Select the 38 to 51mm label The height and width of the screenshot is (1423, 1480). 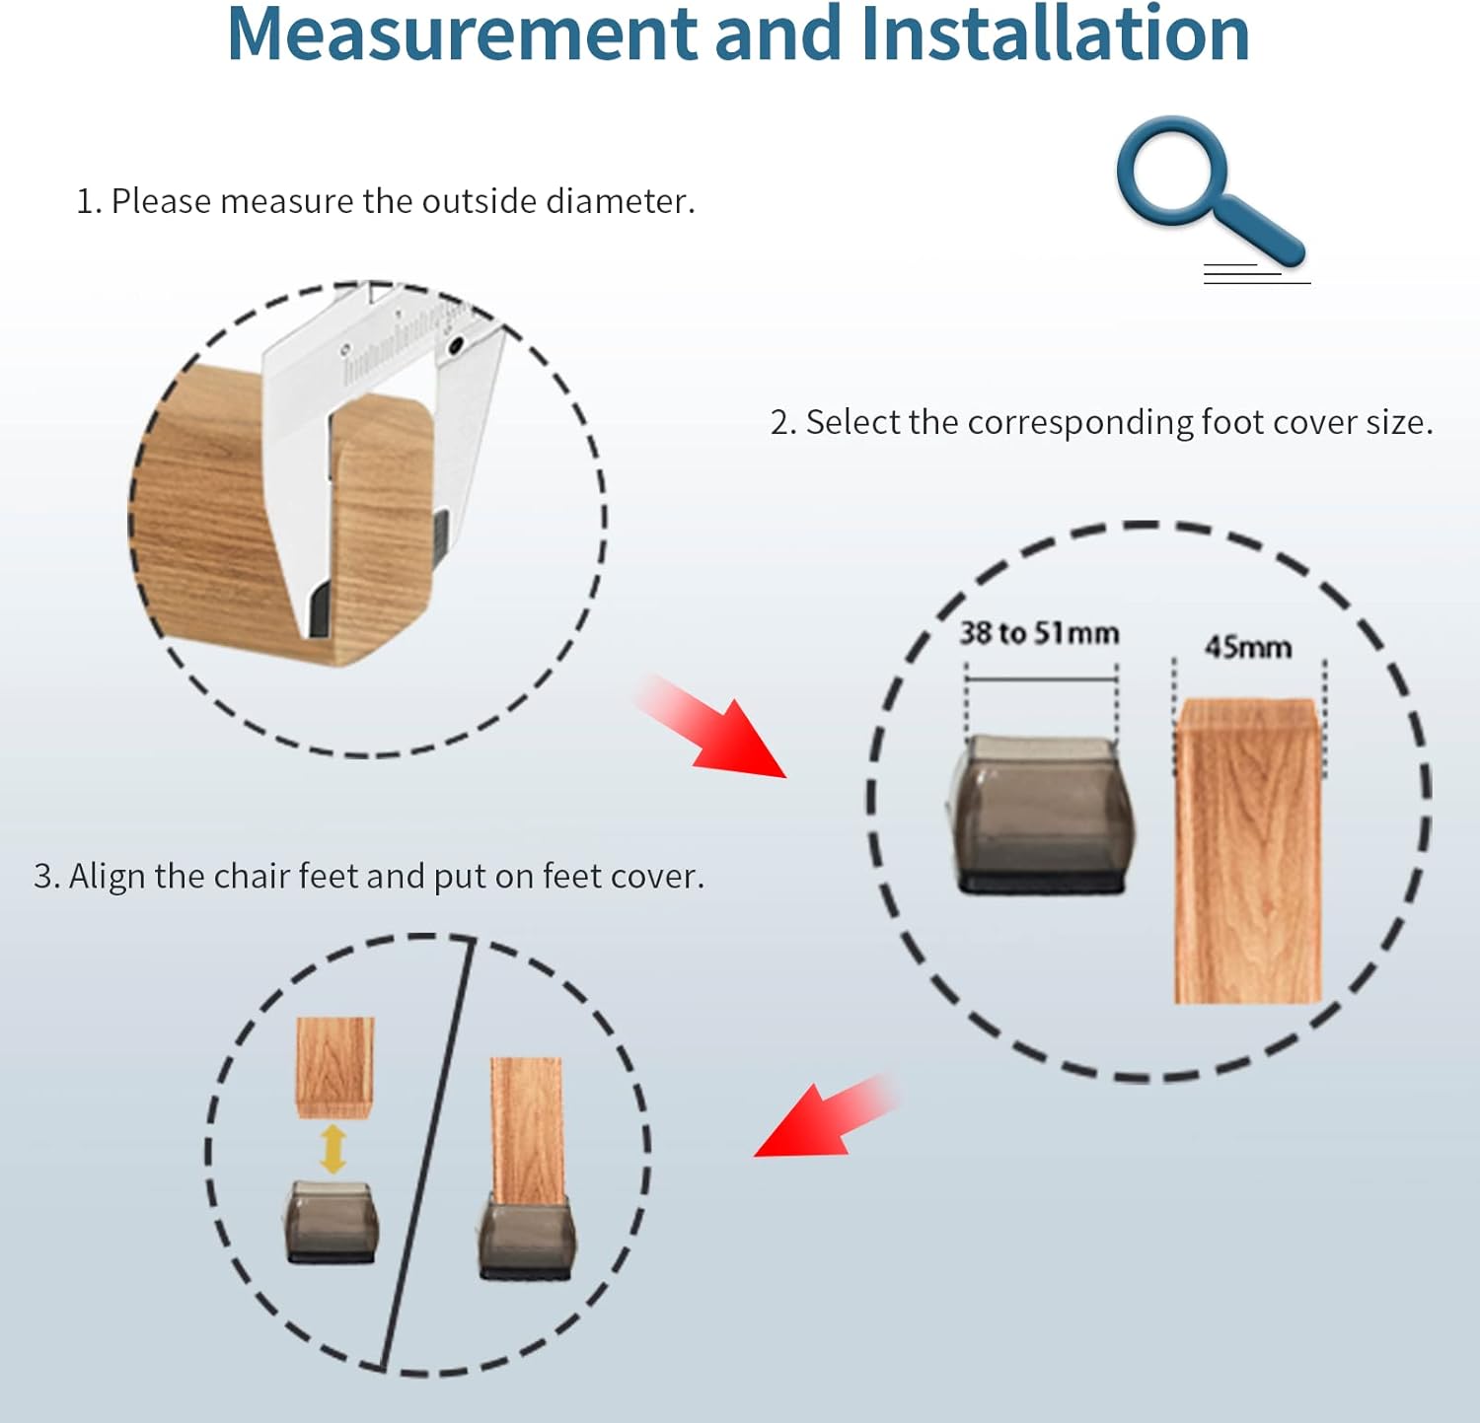[1039, 633]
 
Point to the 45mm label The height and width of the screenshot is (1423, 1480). [1248, 647]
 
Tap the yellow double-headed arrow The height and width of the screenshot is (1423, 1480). [333, 1149]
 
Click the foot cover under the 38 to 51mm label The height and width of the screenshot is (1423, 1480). [1042, 815]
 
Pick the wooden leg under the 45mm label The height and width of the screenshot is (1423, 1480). [1248, 851]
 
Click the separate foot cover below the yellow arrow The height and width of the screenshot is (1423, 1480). [333, 1222]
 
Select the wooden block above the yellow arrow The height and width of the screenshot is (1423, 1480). [335, 1067]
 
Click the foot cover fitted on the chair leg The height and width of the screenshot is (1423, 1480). [527, 1239]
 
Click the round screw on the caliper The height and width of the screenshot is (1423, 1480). [457, 346]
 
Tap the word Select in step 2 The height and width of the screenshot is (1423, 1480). [853, 422]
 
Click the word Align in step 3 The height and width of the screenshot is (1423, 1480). [108, 877]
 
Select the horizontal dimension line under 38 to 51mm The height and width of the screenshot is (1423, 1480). [1042, 678]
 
